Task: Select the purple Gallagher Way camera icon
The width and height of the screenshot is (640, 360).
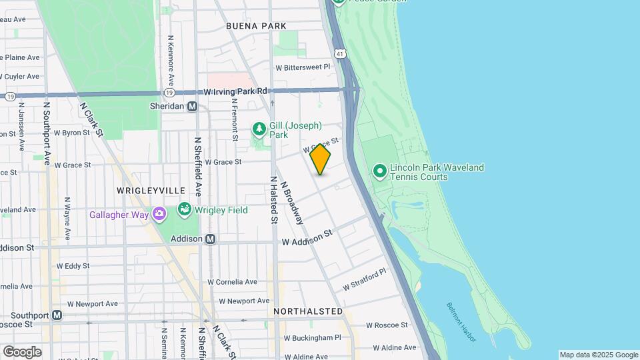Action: pos(159,214)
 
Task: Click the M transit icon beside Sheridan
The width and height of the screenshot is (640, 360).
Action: pos(193,106)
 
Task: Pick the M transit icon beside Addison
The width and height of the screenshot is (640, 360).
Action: pos(211,239)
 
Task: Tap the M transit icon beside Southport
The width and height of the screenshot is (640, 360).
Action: pos(57,315)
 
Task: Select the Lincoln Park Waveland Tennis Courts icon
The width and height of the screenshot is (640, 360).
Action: pos(380,171)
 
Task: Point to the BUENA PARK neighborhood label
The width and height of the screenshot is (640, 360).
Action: pos(256,26)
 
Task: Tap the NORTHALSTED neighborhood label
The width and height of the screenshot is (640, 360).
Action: pos(308,311)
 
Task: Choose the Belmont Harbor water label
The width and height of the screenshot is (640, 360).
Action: pos(461,323)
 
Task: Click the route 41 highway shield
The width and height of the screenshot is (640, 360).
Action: pos(341,52)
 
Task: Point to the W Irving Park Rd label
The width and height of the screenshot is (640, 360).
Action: pos(235,91)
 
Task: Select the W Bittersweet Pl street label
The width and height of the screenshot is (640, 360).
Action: pos(303,67)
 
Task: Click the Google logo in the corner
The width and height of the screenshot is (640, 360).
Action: pos(22,351)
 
